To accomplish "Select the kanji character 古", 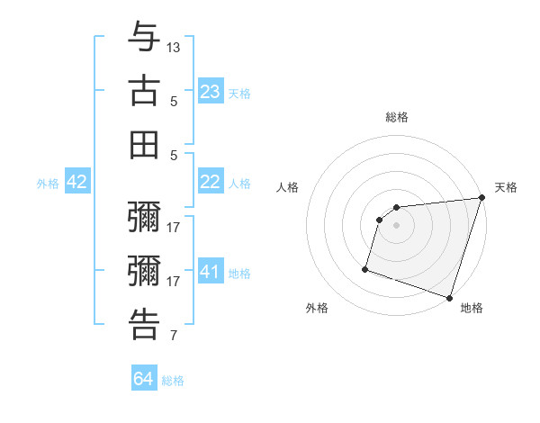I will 144,90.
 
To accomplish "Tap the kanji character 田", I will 144,144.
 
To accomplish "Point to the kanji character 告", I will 144,324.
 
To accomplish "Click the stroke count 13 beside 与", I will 174,47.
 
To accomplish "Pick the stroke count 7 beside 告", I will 174,337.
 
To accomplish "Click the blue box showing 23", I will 211,92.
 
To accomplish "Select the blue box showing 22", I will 211,183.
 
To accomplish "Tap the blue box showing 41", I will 211,272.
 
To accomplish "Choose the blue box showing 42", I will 77,183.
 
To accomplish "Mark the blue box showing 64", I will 144,379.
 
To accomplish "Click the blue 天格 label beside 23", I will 239,94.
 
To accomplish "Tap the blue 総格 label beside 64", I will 173,381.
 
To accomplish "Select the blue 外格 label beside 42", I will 48,184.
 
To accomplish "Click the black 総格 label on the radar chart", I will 396,117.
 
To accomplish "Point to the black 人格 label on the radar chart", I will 288,187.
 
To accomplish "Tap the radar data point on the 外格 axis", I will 365,268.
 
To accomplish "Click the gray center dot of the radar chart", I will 396,226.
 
